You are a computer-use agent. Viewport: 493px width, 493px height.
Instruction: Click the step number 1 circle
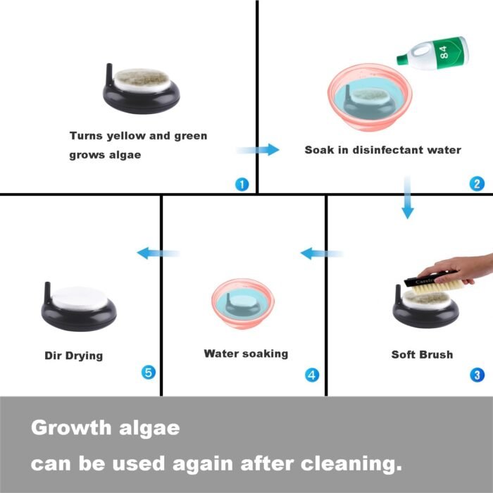[242, 185]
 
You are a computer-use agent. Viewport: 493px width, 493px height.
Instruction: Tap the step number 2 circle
[477, 184]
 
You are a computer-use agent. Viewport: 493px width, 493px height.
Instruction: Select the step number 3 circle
[477, 375]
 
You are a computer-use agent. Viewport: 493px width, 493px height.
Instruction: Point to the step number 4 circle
[312, 375]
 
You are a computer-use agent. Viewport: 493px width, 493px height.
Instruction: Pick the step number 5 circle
[149, 373]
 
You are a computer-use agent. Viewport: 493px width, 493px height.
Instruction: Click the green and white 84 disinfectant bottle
[432, 53]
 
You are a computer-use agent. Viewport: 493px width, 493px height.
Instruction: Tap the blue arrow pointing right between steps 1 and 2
[258, 149]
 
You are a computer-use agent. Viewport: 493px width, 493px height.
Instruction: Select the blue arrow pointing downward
[408, 197]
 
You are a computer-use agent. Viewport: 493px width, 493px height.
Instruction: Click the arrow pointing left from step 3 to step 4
[322, 254]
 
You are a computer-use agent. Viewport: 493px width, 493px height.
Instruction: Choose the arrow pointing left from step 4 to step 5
[158, 253]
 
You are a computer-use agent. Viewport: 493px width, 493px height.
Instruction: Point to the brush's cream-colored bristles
[437, 288]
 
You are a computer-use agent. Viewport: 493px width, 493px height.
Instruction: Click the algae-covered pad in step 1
[142, 80]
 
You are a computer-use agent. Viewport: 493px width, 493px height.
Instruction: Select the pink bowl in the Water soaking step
[243, 303]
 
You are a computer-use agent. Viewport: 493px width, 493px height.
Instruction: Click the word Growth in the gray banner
[71, 428]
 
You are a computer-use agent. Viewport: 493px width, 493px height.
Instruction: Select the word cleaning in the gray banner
[351, 464]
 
